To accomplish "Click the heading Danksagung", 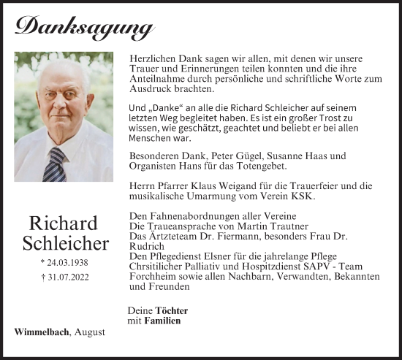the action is [84, 27].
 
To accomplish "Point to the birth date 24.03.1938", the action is [64, 261].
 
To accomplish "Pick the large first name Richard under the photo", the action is [64, 223].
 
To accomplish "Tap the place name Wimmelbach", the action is [42, 332].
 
